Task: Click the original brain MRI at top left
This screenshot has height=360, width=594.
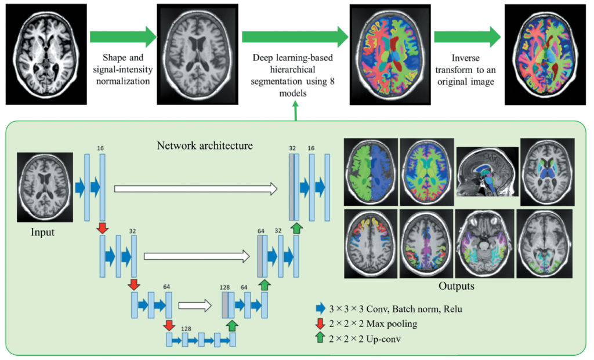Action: [x=46, y=53]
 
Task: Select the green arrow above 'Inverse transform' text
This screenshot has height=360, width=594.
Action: [x=468, y=38]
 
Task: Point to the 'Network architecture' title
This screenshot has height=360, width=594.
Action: [x=204, y=146]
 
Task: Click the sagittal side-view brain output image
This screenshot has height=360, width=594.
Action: [x=486, y=172]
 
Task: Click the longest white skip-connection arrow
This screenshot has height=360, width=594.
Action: [x=194, y=187]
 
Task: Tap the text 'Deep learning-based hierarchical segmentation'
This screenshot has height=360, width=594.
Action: [x=295, y=70]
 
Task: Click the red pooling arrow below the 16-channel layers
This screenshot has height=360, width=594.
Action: [x=102, y=228]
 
